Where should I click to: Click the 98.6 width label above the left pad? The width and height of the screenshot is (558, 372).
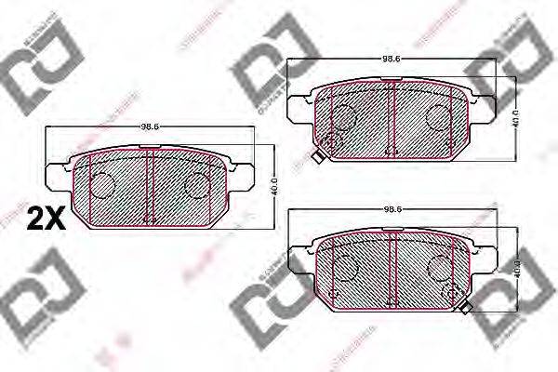point(150,126)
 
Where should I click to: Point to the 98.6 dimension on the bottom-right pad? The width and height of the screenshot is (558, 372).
point(392,210)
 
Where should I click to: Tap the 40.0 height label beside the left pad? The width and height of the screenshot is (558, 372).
point(273,184)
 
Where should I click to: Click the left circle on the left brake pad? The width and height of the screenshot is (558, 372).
point(101,185)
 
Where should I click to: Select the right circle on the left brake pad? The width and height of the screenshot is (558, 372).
point(197,185)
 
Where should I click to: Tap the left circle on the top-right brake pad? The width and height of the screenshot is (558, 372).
point(344,116)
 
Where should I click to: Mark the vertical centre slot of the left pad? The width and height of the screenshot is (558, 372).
point(149,185)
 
